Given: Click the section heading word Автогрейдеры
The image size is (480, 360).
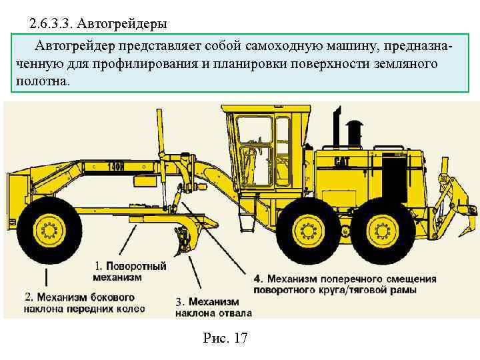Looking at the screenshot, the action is [122, 23].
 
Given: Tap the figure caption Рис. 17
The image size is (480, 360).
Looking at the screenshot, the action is [225, 338].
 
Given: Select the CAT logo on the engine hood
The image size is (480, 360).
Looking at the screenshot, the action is [341, 162].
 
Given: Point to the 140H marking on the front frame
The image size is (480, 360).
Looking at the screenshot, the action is [116, 167].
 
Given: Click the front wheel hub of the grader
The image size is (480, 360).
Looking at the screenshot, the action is [49, 230].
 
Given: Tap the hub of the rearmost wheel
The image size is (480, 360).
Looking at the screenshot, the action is [383, 231].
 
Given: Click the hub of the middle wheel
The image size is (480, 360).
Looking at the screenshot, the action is [308, 230].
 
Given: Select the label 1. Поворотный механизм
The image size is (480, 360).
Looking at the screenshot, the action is [130, 271].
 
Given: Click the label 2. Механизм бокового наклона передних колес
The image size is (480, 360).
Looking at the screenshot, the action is [85, 303].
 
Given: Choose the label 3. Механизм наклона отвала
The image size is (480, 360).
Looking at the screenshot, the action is [214, 307].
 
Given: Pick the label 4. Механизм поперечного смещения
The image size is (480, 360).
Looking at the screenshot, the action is [345, 284].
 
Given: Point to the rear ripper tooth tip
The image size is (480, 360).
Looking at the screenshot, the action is [460, 235].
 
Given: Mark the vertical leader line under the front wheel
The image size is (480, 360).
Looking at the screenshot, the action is [46, 277].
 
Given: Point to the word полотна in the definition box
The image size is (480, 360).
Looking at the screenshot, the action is [41, 82].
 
